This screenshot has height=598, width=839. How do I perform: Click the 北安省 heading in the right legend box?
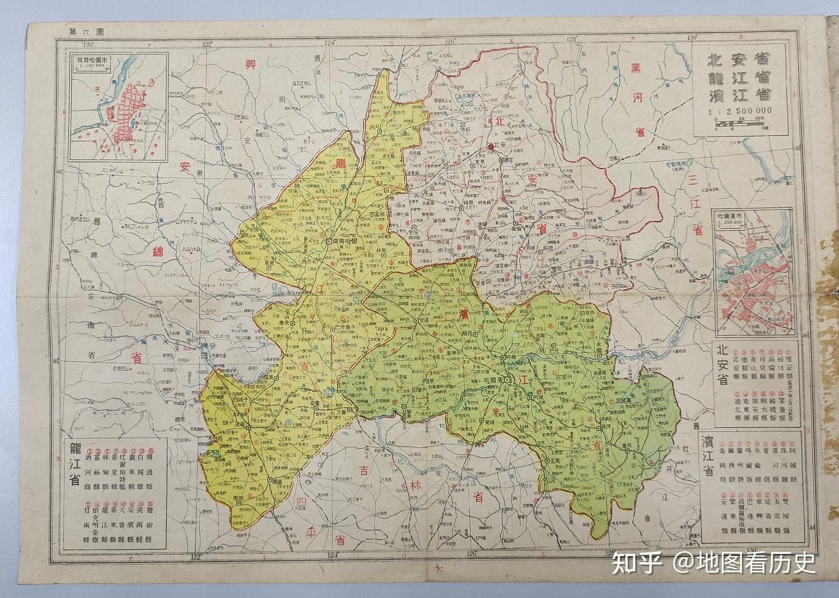tap(722, 365)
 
